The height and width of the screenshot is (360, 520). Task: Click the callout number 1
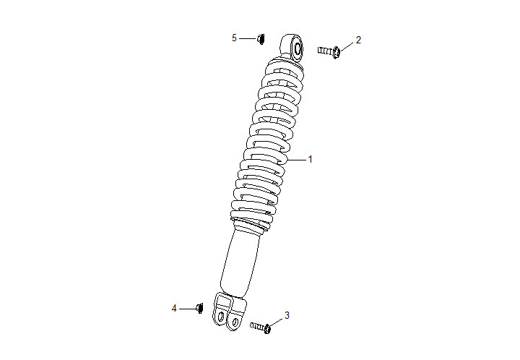coord(311,159)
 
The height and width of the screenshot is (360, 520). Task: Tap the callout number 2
coord(358,39)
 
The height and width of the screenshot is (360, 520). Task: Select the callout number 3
coord(287,315)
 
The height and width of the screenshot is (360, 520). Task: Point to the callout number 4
coord(174,309)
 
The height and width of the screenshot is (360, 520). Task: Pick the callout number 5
coord(234,38)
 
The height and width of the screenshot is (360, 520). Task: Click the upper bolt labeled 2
coord(329,51)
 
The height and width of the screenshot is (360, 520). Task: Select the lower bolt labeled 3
coord(261,327)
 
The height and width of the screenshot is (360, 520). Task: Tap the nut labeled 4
coord(200,309)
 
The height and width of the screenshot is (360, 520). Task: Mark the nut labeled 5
coord(261,38)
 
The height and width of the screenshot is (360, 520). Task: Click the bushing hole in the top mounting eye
coord(297,48)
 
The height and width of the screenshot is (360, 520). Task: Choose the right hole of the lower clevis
coord(234,320)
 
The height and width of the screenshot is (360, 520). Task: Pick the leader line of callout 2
coord(347,45)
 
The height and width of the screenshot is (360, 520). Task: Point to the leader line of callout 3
coord(277,321)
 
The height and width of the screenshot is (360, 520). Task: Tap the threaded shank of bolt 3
coord(256,326)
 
